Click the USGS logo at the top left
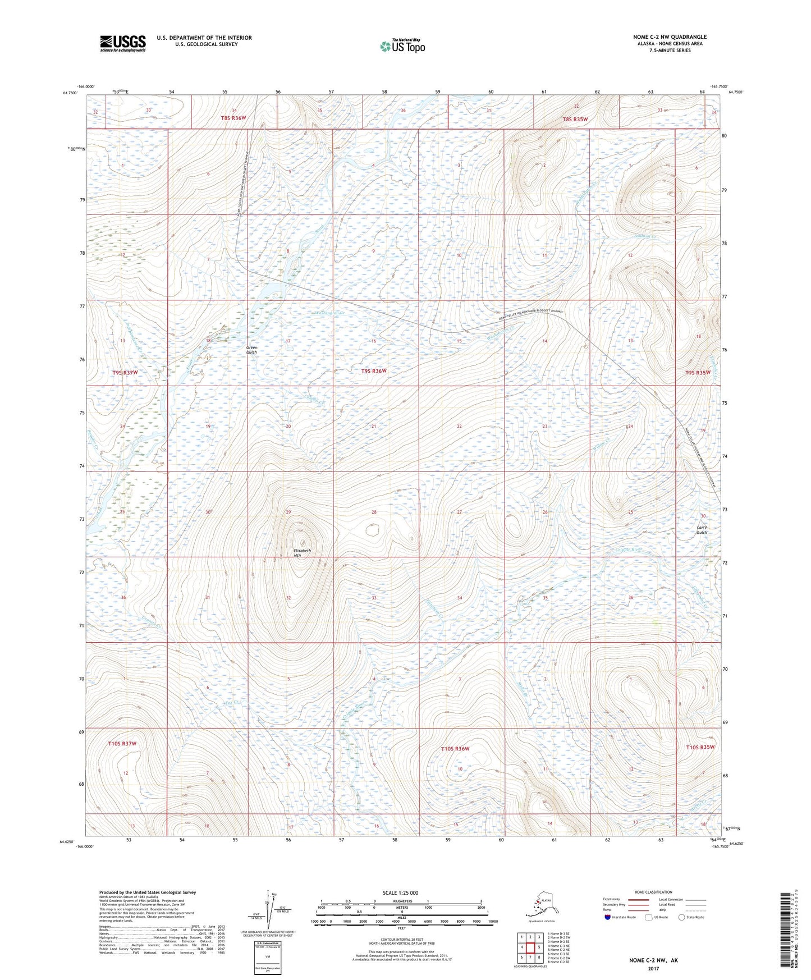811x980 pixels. [122, 43]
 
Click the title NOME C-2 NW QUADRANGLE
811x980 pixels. [669, 36]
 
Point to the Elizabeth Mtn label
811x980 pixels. [302, 553]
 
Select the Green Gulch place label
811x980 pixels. [251, 350]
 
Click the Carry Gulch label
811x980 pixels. [702, 530]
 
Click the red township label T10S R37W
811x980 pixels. [122, 744]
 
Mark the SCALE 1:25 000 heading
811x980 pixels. [400, 893]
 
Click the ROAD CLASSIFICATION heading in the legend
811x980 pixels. [653, 892]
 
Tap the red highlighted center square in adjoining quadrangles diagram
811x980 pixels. [530, 948]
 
